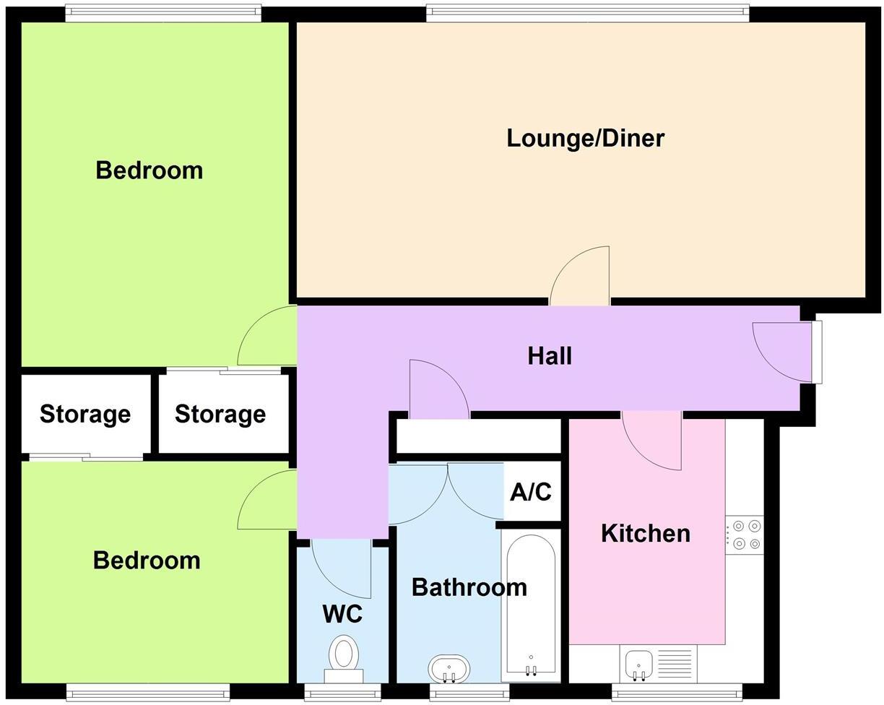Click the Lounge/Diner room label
tap(585, 138)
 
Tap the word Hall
tap(550, 355)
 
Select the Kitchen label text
tap(645, 533)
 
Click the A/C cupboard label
tap(531, 492)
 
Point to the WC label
tap(342, 614)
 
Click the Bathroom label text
tap(469, 587)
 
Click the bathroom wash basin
tap(448, 668)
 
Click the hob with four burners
tap(744, 535)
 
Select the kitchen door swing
tap(652, 440)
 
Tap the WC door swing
tap(342, 567)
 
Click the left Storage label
tap(85, 414)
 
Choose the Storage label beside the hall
tap(220, 414)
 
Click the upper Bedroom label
tap(149, 170)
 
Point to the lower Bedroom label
tap(147, 561)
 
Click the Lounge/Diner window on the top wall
tap(587, 11)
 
